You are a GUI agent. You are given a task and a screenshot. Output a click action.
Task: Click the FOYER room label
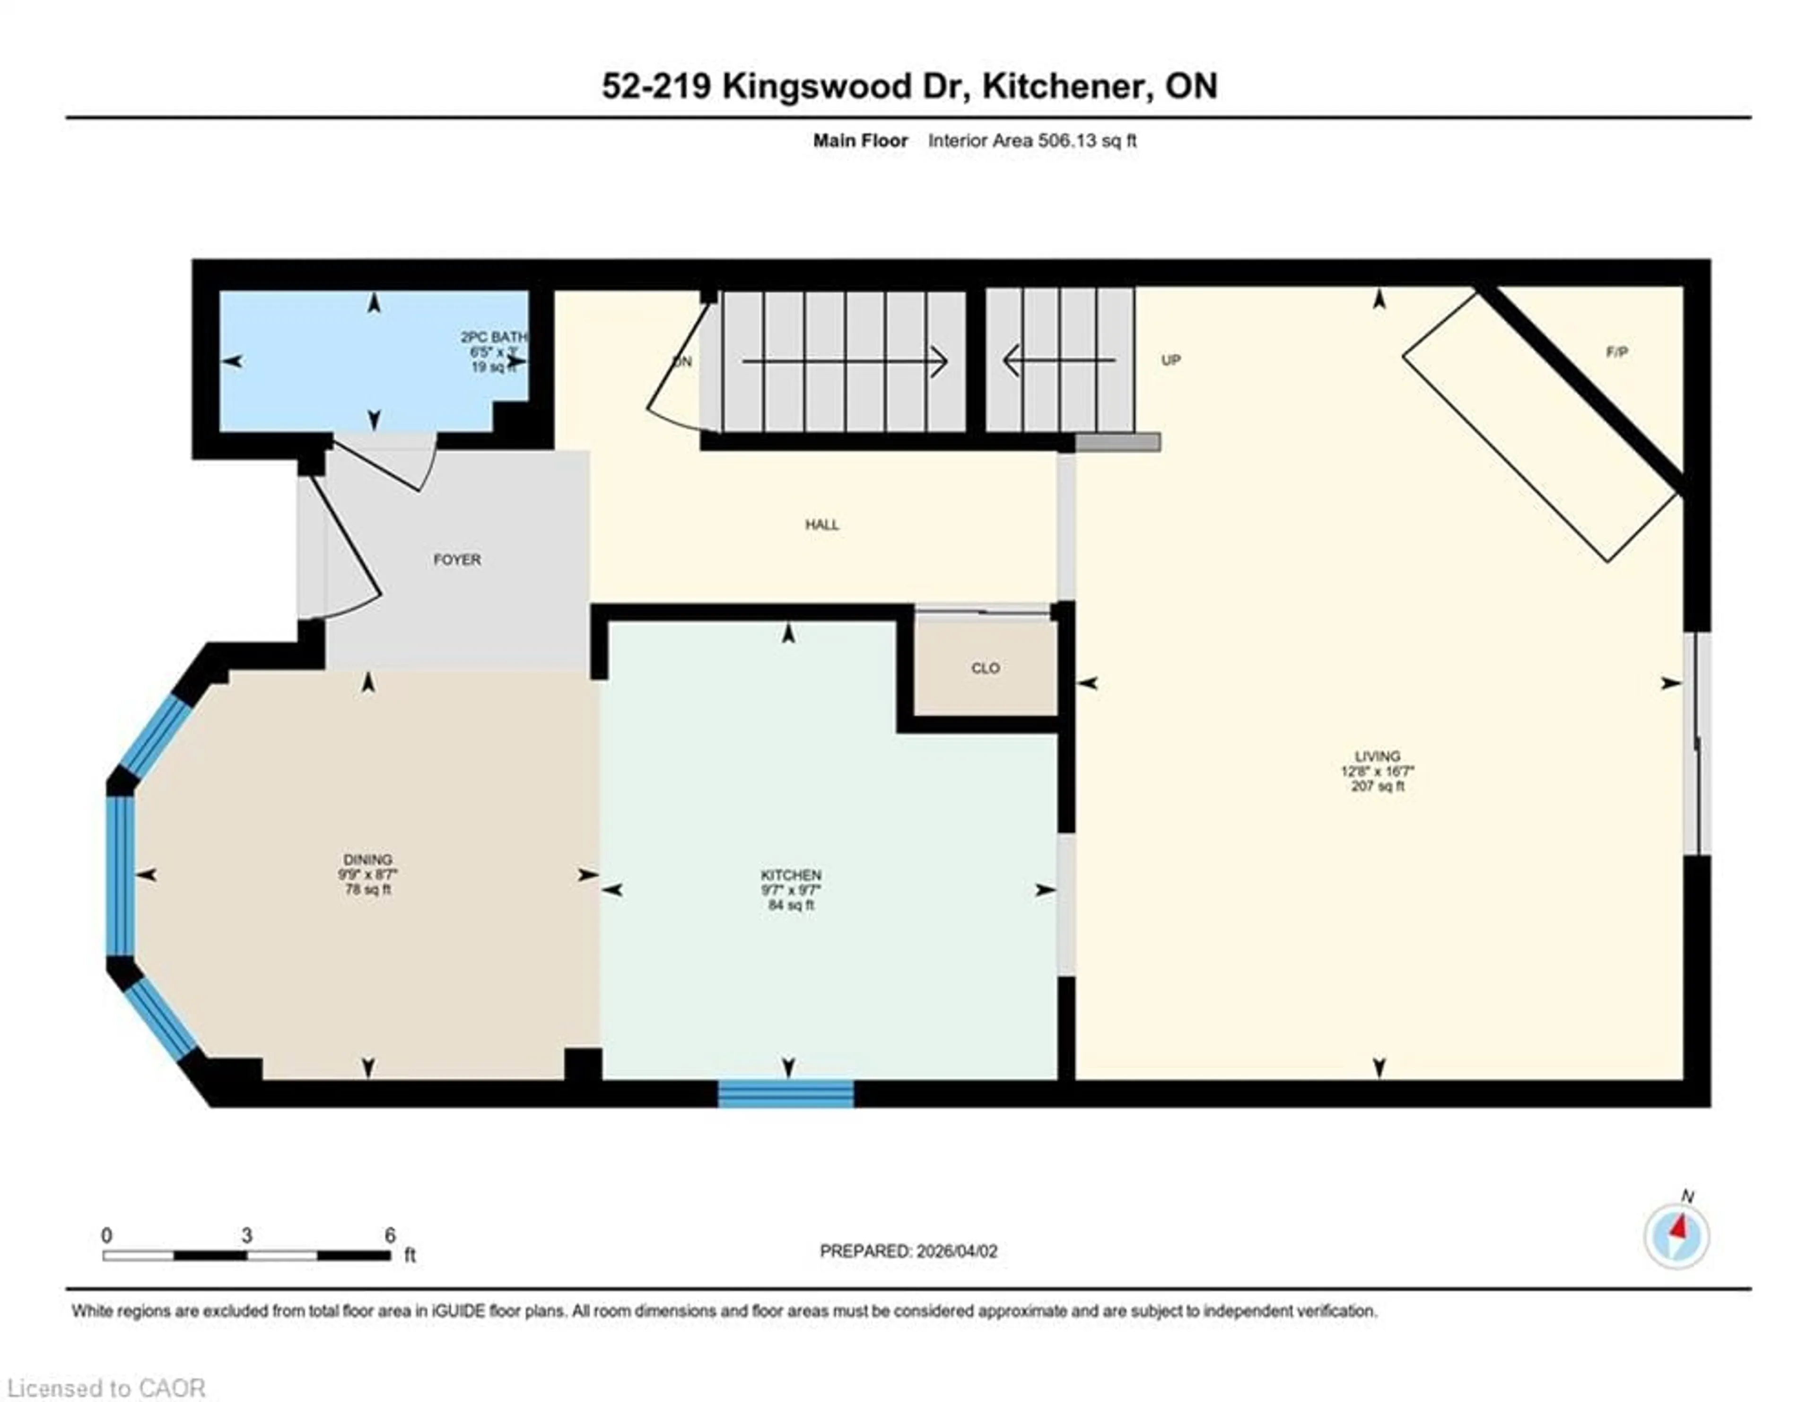click(456, 560)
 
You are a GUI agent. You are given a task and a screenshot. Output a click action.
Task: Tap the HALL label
click(821, 525)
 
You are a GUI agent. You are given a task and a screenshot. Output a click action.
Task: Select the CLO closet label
click(986, 668)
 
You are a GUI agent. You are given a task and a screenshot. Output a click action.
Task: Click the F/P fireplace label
click(1616, 352)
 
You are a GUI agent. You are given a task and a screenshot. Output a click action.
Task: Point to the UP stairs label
click(1171, 360)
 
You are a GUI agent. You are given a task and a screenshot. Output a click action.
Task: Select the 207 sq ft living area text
click(1377, 786)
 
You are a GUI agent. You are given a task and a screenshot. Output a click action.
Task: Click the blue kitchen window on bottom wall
click(786, 1094)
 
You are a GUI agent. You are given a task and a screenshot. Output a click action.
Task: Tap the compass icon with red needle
click(1676, 1236)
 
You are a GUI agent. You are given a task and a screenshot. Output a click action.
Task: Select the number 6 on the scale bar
click(390, 1236)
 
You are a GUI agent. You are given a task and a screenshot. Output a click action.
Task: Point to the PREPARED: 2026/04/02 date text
click(908, 1251)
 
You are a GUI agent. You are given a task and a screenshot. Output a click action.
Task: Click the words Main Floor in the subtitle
click(860, 140)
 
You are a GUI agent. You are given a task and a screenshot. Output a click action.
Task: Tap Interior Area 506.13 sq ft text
click(1032, 140)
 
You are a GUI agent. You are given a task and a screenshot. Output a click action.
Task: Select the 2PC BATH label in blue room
click(493, 337)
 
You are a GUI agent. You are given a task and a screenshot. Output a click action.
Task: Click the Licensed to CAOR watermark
click(105, 1388)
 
